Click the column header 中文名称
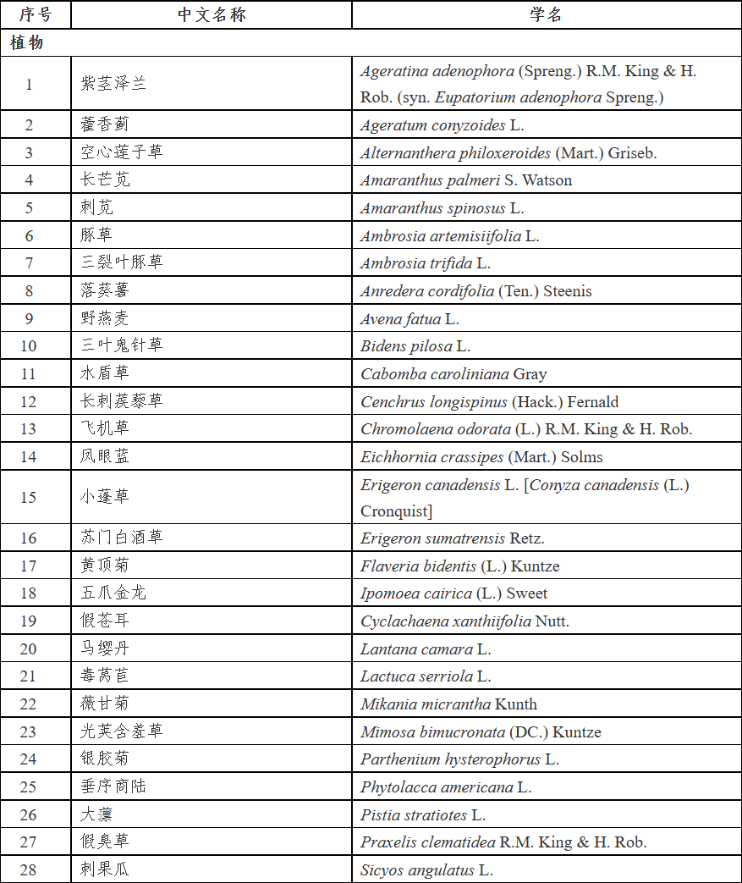[212, 15]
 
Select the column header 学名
[546, 15]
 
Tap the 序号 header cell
[36, 15]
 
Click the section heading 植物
[27, 43]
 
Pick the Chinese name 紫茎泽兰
[113, 84]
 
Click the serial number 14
[29, 456]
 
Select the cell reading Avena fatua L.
[409, 319]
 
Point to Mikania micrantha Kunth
[448, 704]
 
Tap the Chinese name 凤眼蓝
[105, 456]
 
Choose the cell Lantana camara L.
[426, 649]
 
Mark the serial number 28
[29, 869]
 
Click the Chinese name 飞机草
[105, 428]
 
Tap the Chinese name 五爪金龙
[113, 593]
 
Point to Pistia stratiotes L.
[423, 814]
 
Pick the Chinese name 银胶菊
[105, 759]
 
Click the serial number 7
[29, 263]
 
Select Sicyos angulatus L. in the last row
[426, 869]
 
